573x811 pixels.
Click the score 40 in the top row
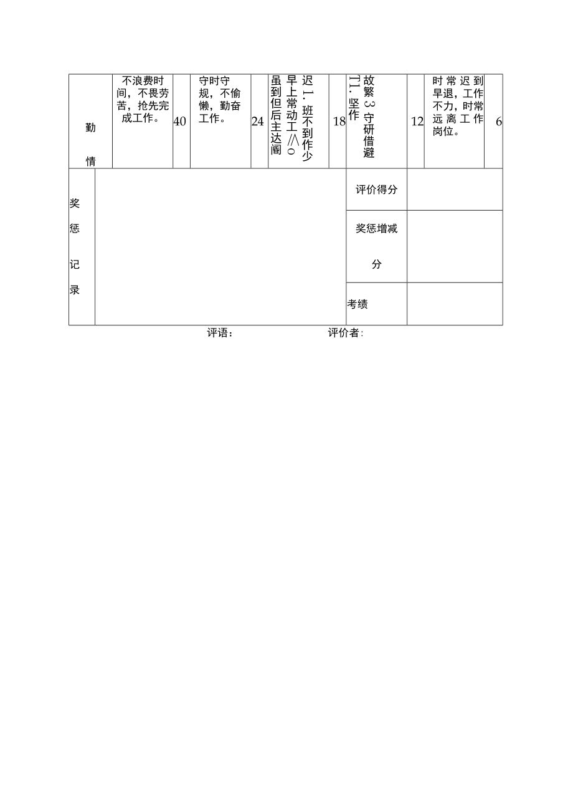(x=180, y=122)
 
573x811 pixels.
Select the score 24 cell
(x=258, y=122)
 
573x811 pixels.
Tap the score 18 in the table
(x=339, y=122)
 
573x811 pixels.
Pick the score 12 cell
(x=417, y=122)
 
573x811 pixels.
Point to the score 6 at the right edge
(x=498, y=122)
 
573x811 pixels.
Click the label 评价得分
(x=376, y=190)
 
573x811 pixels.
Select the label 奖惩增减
(x=376, y=229)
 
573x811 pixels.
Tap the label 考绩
(x=358, y=304)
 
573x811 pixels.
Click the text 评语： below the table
(x=220, y=334)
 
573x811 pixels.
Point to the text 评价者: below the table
(x=346, y=334)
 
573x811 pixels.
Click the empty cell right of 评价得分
(x=455, y=190)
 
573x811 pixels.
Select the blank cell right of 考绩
(x=455, y=304)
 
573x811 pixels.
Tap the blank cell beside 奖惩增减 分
(x=455, y=246)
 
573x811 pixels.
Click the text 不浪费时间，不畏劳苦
(x=143, y=100)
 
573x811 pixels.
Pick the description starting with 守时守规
(x=220, y=100)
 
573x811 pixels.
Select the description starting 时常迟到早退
(x=458, y=106)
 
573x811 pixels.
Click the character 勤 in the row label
(x=90, y=128)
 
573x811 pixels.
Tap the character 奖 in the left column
(x=75, y=204)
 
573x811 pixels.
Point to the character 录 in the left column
(x=75, y=290)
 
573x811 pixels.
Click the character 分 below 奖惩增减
(x=376, y=264)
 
